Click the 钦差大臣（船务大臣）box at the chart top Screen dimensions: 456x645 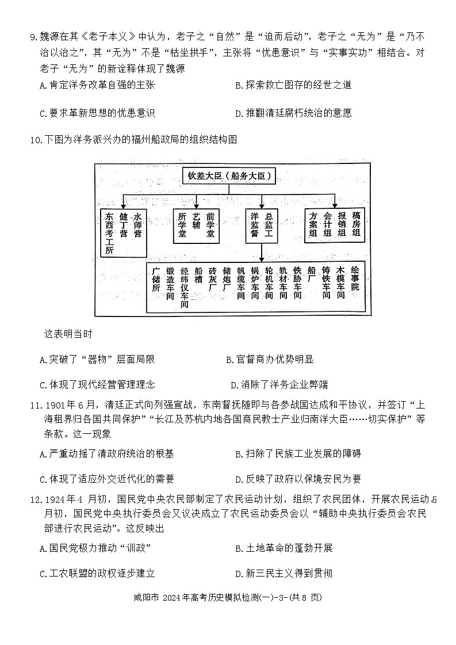pyautogui.click(x=229, y=175)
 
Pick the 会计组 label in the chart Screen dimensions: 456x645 pyautogui.click(x=328, y=224)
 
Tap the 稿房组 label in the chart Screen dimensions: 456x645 pyautogui.click(x=356, y=224)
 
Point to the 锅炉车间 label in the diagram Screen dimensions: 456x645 pyautogui.click(x=254, y=283)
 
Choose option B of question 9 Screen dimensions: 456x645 pyautogui.click(x=293, y=85)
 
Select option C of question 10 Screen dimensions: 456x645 pyautogui.click(x=97, y=385)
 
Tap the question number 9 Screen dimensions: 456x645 pyautogui.click(x=33, y=39)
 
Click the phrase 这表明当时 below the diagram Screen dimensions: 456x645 pyautogui.click(x=68, y=334)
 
